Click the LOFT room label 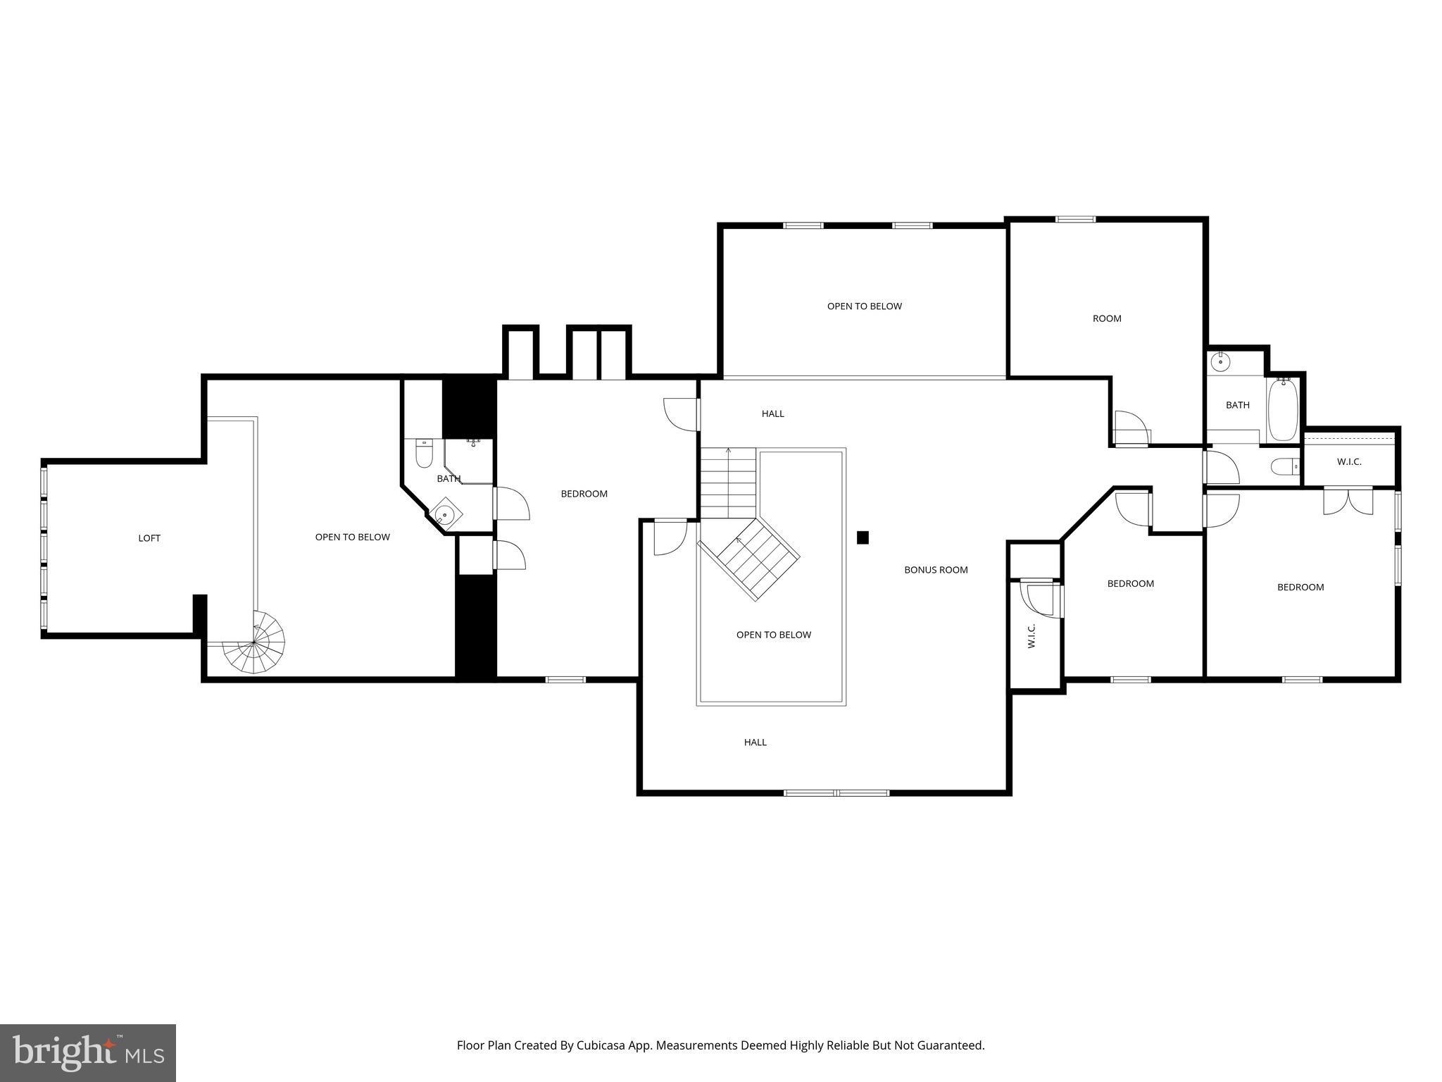tap(149, 538)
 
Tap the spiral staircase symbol tap(255, 644)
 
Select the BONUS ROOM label tap(936, 570)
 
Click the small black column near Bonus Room tap(863, 537)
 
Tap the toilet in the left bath tap(423, 454)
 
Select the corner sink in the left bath tap(444, 513)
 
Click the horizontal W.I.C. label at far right tap(1349, 462)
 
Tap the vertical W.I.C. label tap(1032, 635)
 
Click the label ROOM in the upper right tap(1107, 318)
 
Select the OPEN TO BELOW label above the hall tap(864, 306)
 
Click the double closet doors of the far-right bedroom tap(1348, 501)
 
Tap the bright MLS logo tap(88, 1052)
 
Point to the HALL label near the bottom tap(755, 742)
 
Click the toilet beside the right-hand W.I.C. tap(1285, 466)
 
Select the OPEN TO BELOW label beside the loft tap(352, 537)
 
